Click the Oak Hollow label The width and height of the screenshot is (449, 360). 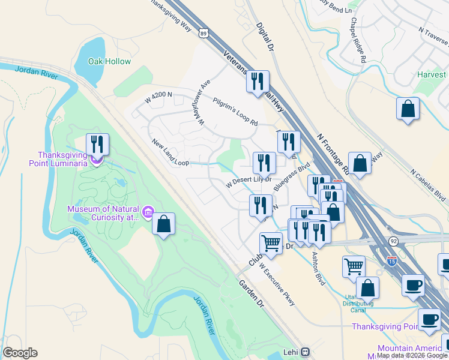pos(109,61)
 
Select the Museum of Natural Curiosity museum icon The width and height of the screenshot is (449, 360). pos(149,211)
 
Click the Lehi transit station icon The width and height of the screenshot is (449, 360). pos(306,352)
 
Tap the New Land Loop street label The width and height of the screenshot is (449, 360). pos(170,153)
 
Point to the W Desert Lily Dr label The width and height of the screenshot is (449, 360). pos(249,182)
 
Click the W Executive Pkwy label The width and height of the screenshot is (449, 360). pos(277,286)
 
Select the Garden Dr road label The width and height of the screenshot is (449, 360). pos(252,293)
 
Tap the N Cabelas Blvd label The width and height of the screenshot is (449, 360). pos(429,184)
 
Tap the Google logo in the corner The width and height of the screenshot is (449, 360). pos(20,353)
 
